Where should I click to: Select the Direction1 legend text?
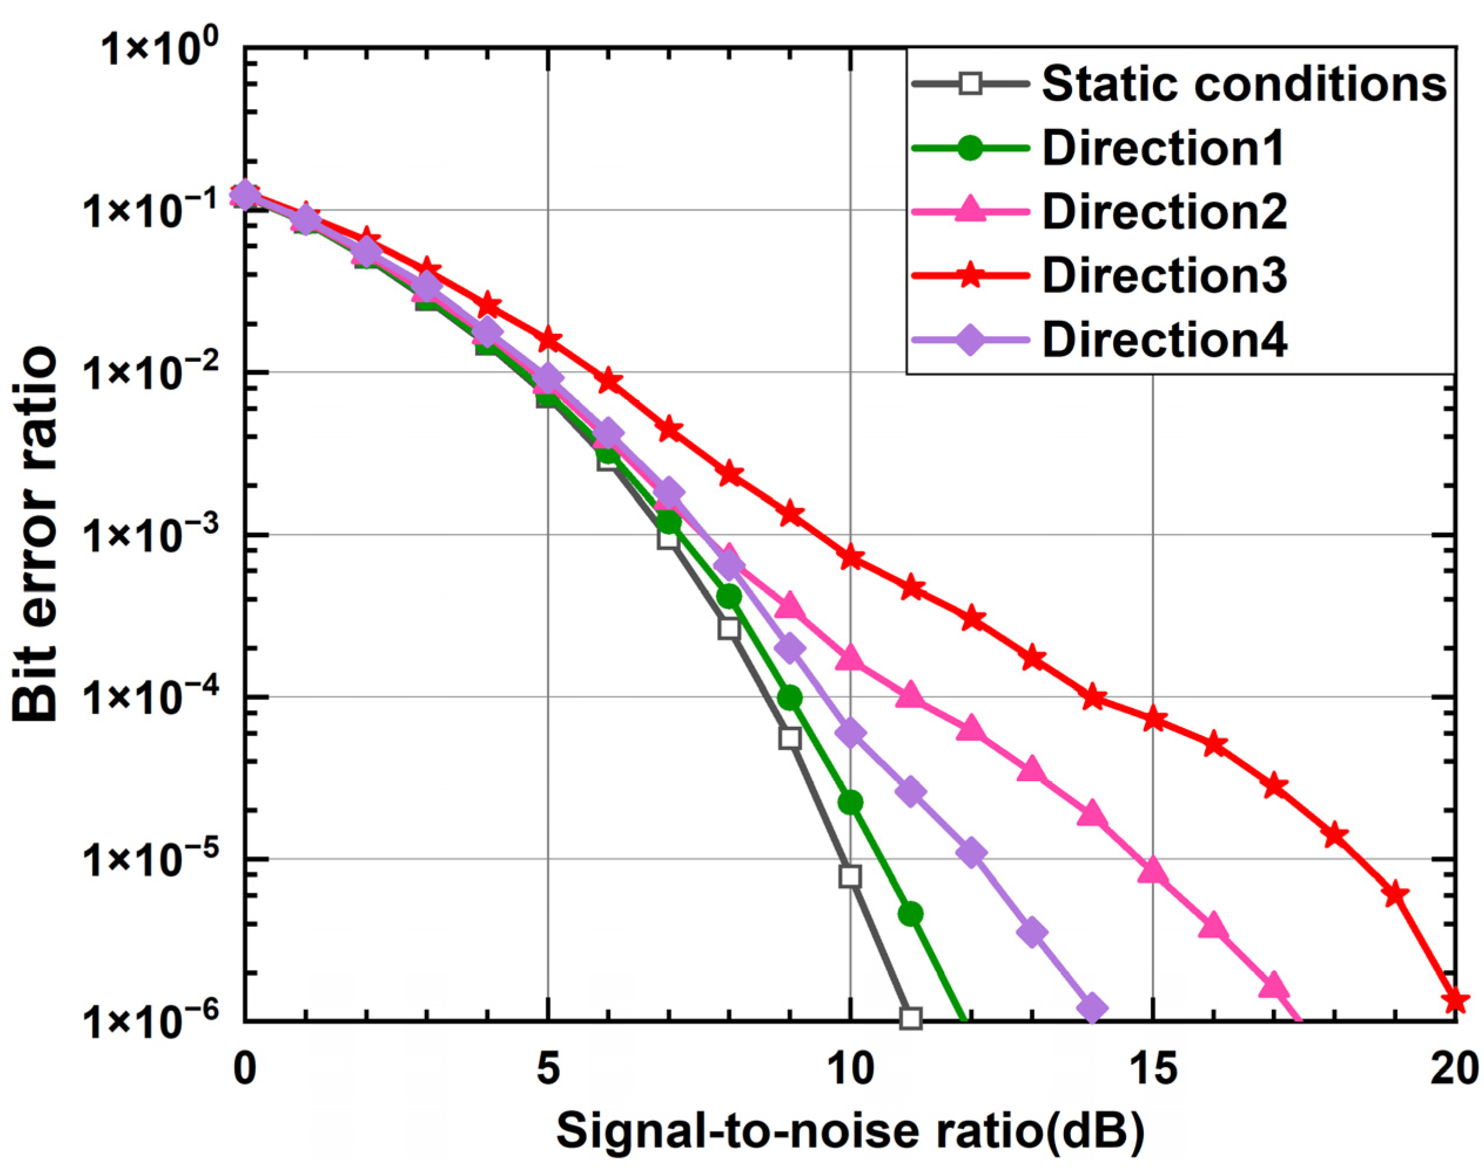1162,148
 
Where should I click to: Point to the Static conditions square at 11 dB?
911,1018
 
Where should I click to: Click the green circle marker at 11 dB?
911,914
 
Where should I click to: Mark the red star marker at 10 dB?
851,557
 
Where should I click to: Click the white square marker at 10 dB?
851,876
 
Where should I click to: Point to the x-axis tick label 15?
1153,1072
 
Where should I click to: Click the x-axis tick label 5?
548,1072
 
